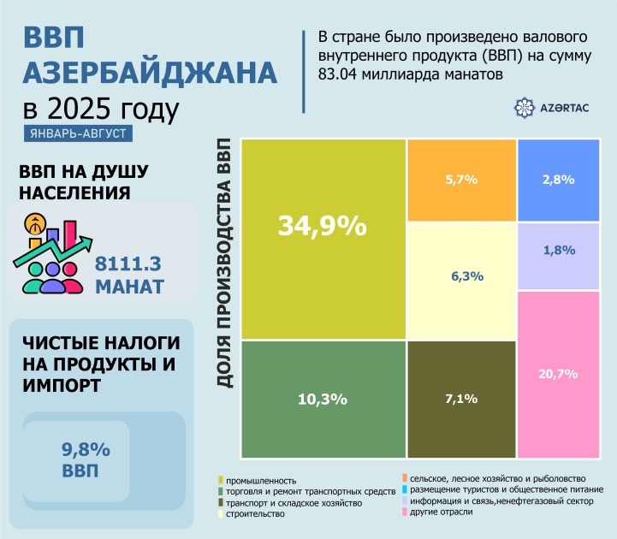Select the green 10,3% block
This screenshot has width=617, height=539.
pos(323,400)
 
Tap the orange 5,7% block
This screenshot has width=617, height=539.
pos(461,180)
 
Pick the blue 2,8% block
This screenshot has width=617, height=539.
pos(558,180)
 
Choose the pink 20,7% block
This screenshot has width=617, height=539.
pos(558,374)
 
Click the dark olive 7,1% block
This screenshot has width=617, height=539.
pos(461,400)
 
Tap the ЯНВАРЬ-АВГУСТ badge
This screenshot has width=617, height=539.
pos(80,134)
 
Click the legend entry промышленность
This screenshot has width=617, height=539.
pos(261,480)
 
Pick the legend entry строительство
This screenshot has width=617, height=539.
pos(257,514)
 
